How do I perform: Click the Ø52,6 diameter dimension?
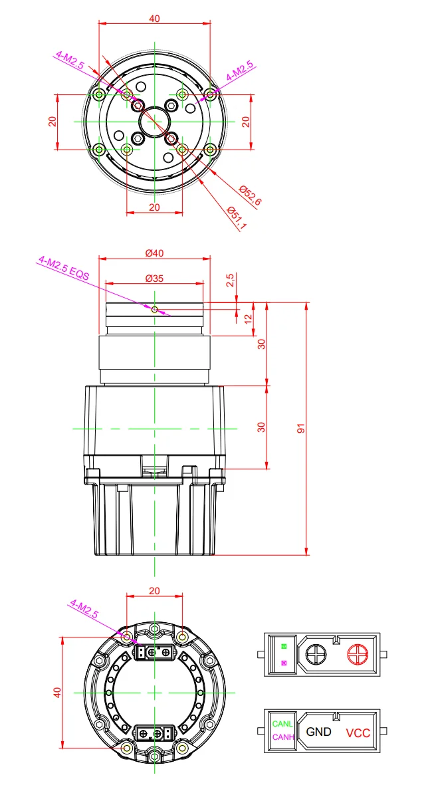point(250,195)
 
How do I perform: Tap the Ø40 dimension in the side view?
point(154,253)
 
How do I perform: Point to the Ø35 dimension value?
point(154,278)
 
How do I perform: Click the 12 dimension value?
point(247,319)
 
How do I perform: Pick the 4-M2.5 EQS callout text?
point(64,267)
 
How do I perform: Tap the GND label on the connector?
point(319,731)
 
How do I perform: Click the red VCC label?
point(358,733)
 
